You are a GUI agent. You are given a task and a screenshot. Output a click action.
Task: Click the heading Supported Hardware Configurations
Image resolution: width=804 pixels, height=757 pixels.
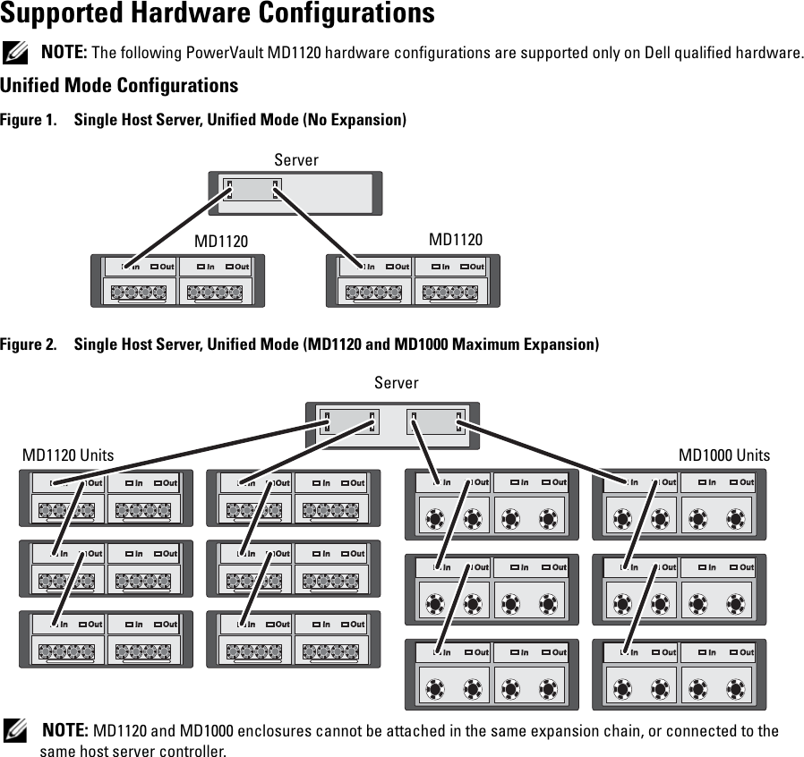[218, 14]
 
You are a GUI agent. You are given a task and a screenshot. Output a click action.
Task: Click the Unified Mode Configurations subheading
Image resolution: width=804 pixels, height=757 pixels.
[119, 86]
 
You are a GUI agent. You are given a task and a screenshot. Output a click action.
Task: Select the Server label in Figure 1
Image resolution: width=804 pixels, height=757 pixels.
[296, 160]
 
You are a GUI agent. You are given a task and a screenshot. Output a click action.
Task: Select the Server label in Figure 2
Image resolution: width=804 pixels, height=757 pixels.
[397, 383]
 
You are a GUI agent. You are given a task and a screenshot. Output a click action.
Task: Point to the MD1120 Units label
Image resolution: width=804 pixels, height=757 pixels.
[68, 455]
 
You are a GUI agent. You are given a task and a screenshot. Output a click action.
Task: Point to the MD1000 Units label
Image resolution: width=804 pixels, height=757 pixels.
[724, 455]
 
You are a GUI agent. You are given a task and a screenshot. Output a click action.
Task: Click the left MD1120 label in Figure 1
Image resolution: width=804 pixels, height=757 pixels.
[221, 242]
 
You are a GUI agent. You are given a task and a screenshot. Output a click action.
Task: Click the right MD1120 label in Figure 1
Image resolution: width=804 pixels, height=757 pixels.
[456, 240]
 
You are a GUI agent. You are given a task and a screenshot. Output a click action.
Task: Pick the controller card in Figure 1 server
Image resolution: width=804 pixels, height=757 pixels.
[252, 190]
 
